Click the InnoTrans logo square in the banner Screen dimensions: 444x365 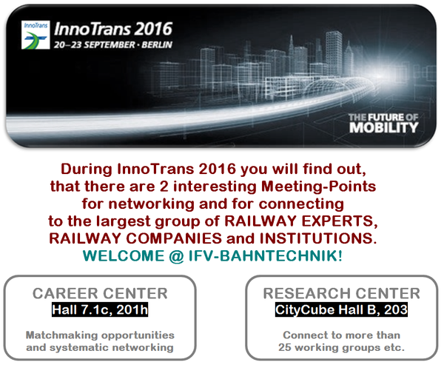tap(36, 35)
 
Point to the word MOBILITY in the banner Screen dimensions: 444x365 tap(383, 127)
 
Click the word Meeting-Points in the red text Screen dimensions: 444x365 tap(318, 187)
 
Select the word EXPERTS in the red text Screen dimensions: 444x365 tap(340, 221)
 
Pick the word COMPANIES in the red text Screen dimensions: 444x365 tap(174, 238)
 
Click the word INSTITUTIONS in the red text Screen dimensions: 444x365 tap(318, 238)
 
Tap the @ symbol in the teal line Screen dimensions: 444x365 tap(176, 256)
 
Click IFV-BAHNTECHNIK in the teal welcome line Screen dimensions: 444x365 tap(266, 255)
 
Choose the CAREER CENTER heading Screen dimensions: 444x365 tap(100, 294)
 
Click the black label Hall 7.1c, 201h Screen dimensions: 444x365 tap(100, 309)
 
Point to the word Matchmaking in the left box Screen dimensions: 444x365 tap(61, 335)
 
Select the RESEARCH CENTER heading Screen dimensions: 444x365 tap(341, 294)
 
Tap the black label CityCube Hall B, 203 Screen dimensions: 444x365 tap(341, 309)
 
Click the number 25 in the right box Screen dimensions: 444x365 tap(285, 347)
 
